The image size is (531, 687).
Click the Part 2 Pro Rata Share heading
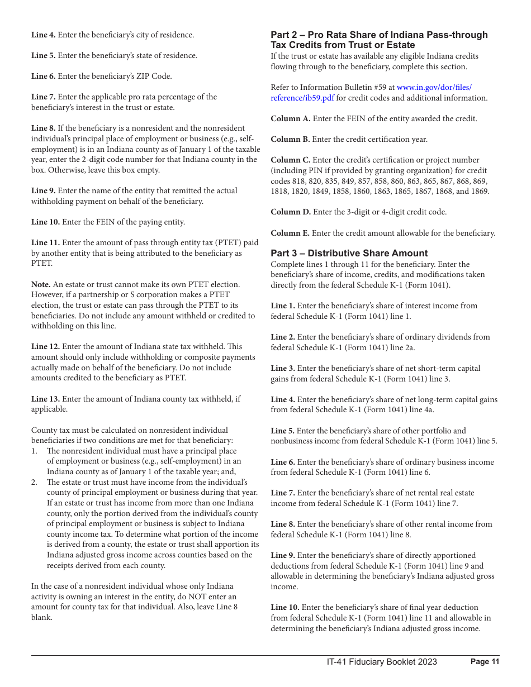[379, 40]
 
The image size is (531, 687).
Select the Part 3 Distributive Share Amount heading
[349, 253]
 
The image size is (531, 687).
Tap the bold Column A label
[290, 118]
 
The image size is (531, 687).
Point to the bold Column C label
[290, 160]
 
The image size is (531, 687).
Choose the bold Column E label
[290, 233]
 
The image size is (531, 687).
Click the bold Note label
[41, 284]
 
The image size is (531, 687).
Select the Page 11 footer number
[485, 662]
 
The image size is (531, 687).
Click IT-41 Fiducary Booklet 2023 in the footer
[382, 662]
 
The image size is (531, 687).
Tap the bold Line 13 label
[45, 399]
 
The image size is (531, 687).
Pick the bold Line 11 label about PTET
[45, 242]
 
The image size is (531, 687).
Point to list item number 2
[34, 482]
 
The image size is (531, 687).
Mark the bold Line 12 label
[45, 347]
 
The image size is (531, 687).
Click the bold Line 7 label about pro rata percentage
[43, 97]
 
